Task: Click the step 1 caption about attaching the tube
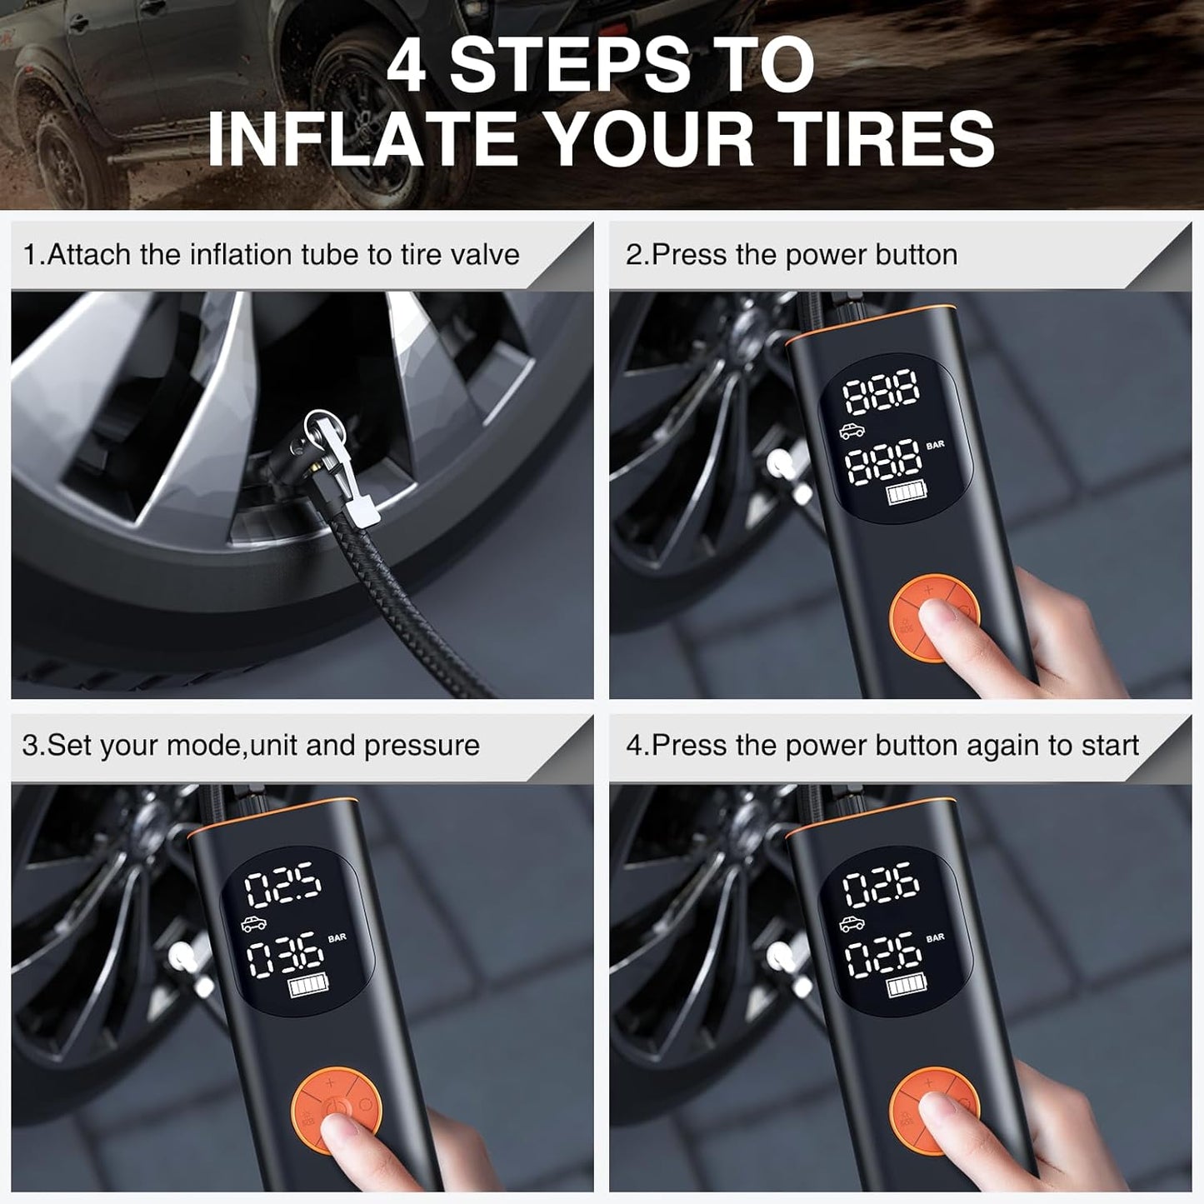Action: tap(271, 255)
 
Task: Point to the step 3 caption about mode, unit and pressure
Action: tap(251, 746)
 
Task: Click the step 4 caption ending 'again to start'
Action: tap(882, 746)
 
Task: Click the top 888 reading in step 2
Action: tap(882, 394)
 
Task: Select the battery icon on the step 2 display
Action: tap(905, 495)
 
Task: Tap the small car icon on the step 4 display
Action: tap(852, 923)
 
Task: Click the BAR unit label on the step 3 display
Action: tap(337, 938)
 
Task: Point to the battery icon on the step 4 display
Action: tap(905, 987)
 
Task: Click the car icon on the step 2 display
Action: tap(852, 431)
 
